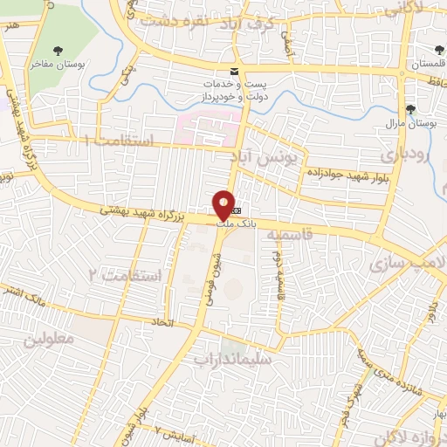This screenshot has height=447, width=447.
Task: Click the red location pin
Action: coord(224,205)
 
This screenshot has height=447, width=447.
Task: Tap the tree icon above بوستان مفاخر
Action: coord(58,50)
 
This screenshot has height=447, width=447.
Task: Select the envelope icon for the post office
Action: coord(233,70)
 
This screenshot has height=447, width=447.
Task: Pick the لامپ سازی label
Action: coord(407,262)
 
